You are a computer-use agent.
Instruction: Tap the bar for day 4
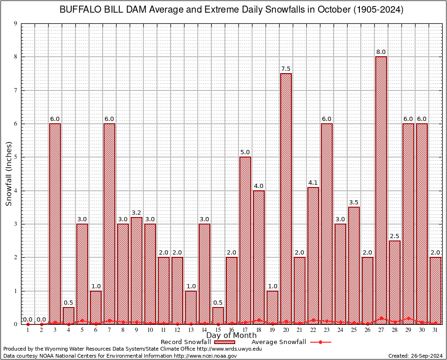point(68,315)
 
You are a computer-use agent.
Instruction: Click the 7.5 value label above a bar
point(286,69)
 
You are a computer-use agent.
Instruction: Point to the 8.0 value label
point(381,52)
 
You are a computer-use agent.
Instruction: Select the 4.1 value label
point(313,183)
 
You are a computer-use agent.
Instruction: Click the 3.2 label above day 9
point(136,213)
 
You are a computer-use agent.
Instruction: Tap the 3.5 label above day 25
point(354,202)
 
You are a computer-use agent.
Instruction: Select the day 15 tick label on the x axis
point(218,330)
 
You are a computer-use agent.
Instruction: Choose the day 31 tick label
point(435,330)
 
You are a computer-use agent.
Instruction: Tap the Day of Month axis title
point(231,336)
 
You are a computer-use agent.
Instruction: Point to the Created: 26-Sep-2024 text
point(415,356)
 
